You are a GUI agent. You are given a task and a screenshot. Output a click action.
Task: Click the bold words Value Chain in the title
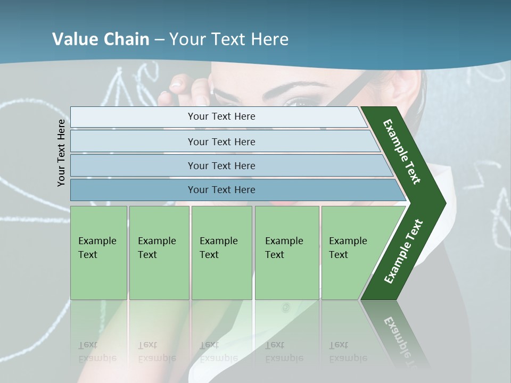101,39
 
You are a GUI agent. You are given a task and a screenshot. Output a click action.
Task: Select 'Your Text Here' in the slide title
229,39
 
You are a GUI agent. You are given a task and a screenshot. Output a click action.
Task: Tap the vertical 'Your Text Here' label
61,153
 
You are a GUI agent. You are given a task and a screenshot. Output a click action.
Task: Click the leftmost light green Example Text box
98,253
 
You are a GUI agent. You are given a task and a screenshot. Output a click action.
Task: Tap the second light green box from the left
159,253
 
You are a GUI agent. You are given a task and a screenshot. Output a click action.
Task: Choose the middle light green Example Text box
221,253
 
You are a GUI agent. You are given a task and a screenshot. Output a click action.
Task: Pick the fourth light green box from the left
287,253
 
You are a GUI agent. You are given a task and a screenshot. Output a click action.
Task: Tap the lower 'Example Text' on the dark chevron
403,251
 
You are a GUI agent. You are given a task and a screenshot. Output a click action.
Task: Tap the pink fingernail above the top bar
177,83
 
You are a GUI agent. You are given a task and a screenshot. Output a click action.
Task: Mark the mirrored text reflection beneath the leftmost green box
97,352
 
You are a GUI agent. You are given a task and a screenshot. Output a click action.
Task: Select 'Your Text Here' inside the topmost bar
221,116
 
